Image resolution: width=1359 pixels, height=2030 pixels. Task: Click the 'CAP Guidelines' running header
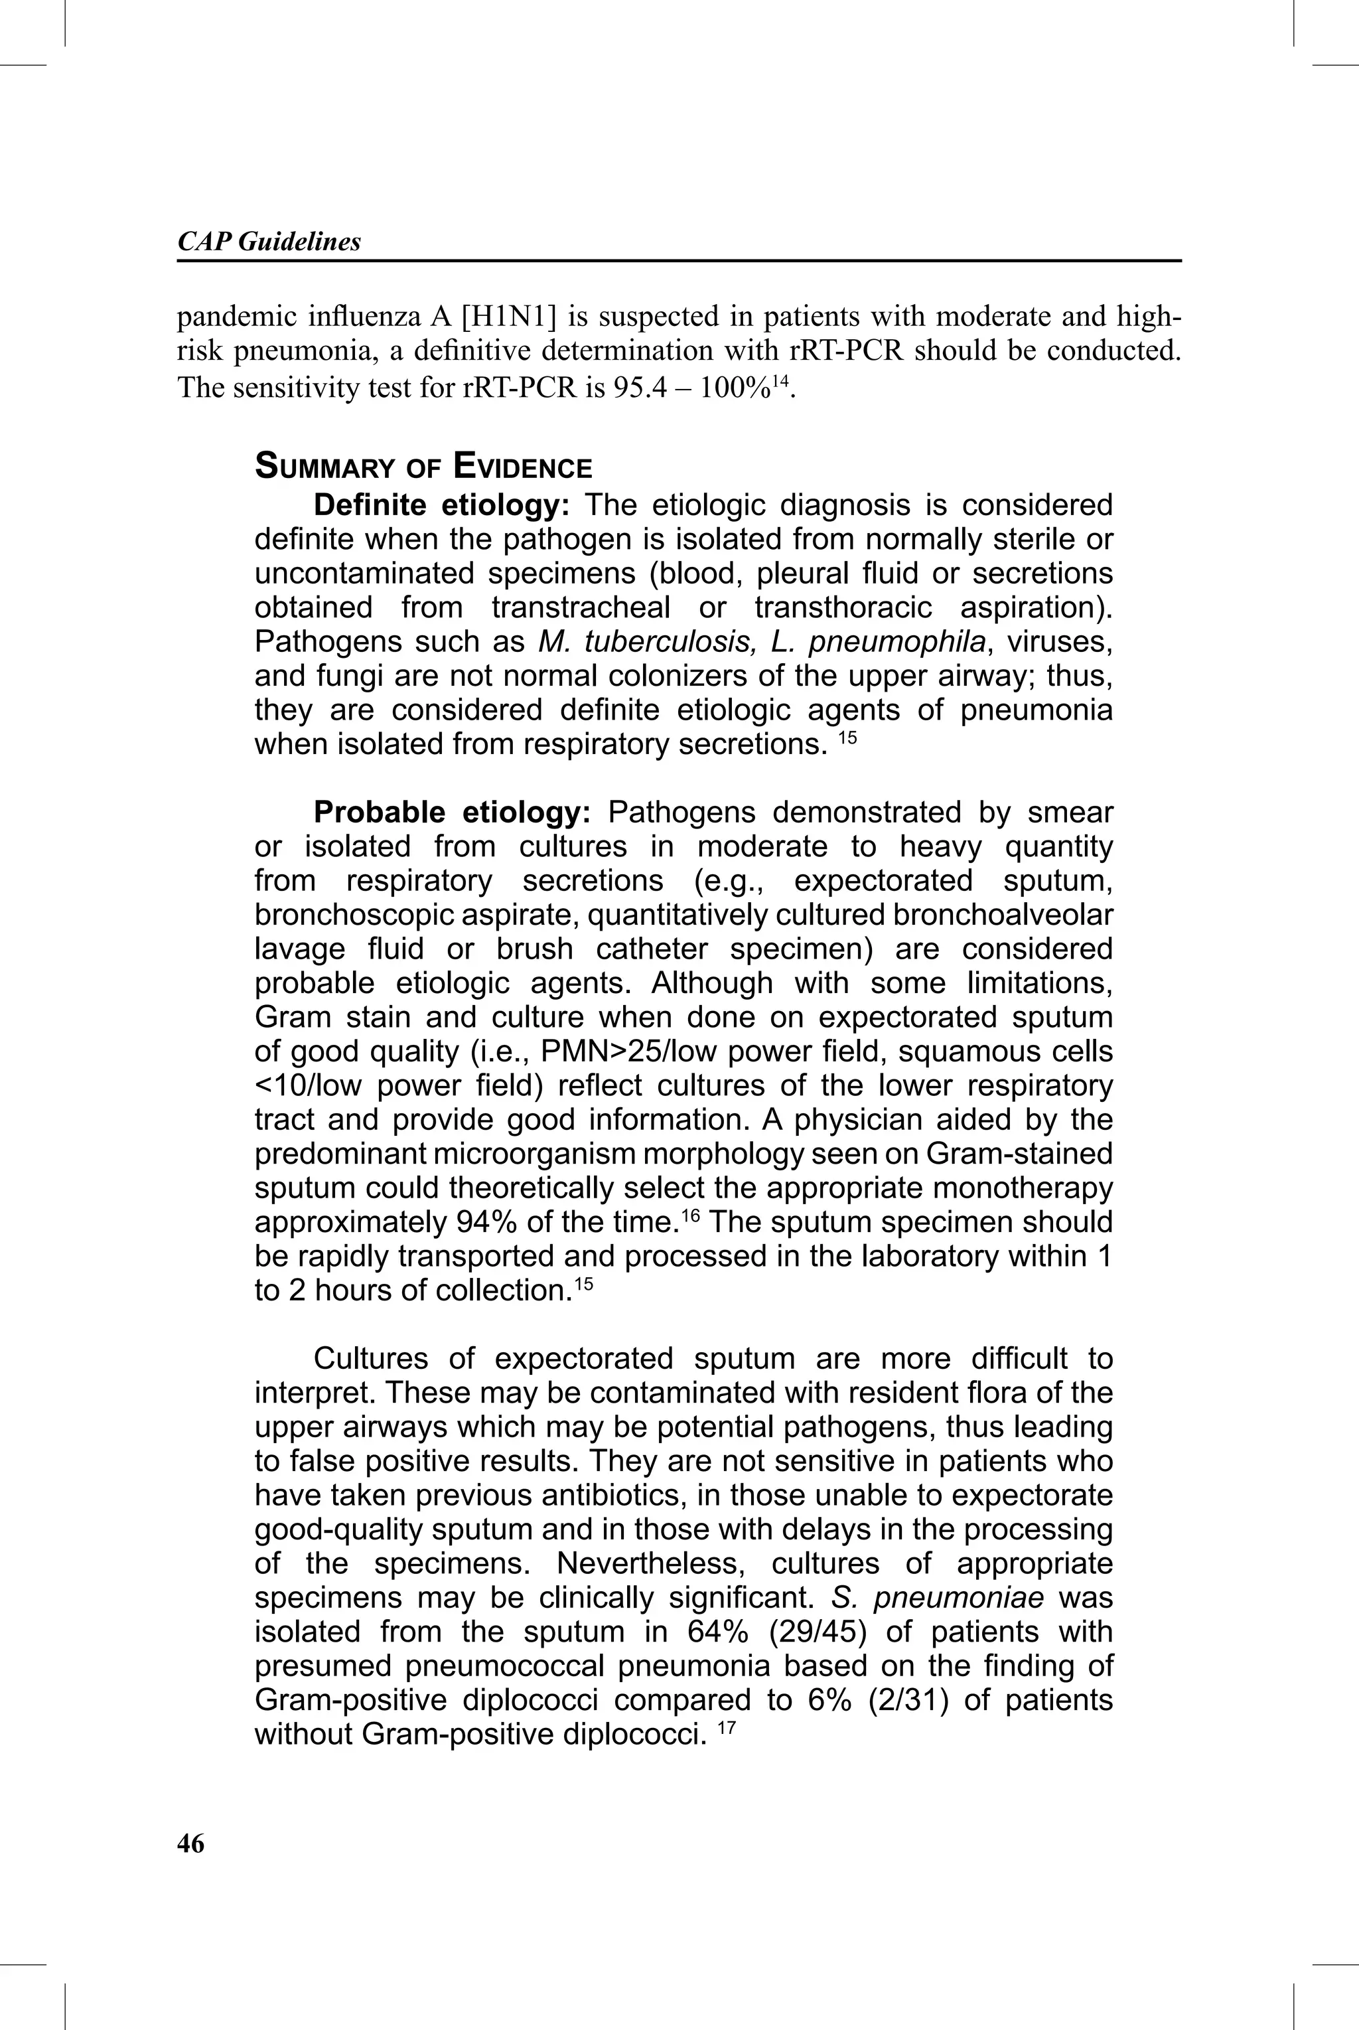click(x=269, y=242)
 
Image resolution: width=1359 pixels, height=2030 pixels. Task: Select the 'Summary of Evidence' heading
click(x=423, y=467)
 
